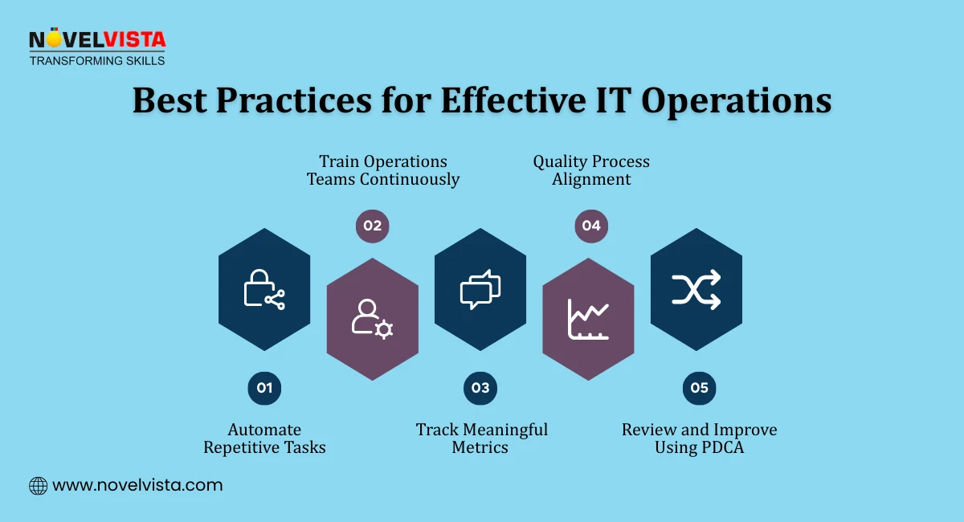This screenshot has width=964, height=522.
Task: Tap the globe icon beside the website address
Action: coord(38,485)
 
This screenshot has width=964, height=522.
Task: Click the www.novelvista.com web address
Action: coord(137,485)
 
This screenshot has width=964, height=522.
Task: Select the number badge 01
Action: coord(264,388)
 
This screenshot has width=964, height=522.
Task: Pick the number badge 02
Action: coord(373,226)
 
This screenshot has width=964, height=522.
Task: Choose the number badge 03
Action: coord(480,388)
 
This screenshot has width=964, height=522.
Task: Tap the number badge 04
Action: coord(591,226)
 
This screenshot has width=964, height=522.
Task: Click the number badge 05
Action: coord(699,388)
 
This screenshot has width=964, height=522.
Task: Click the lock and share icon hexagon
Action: coord(264,289)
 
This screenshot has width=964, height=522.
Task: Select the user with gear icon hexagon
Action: coord(373,319)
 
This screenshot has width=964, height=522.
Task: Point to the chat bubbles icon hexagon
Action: coord(480,289)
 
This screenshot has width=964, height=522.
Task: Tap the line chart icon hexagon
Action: coord(589,319)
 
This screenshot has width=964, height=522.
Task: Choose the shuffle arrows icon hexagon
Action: coord(696,289)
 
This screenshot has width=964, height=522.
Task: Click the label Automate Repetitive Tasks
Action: coord(264,438)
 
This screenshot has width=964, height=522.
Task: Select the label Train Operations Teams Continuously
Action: coord(383,170)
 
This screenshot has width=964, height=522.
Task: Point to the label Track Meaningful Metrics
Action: coord(481,438)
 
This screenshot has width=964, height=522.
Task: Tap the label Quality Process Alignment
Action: coord(591,170)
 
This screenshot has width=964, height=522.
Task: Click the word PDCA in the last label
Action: coord(721,447)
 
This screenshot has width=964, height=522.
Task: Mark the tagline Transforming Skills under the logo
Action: coord(97,60)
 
